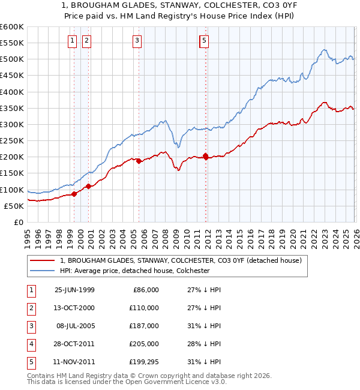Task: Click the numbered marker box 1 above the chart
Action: [72, 41]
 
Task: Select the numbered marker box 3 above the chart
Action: [137, 41]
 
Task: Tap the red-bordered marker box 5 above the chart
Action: [204, 41]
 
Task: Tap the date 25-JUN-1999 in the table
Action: [74, 290]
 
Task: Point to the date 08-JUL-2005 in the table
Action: [74, 326]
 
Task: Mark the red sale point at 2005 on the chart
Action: [139, 161]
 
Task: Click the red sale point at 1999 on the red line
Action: [74, 194]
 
